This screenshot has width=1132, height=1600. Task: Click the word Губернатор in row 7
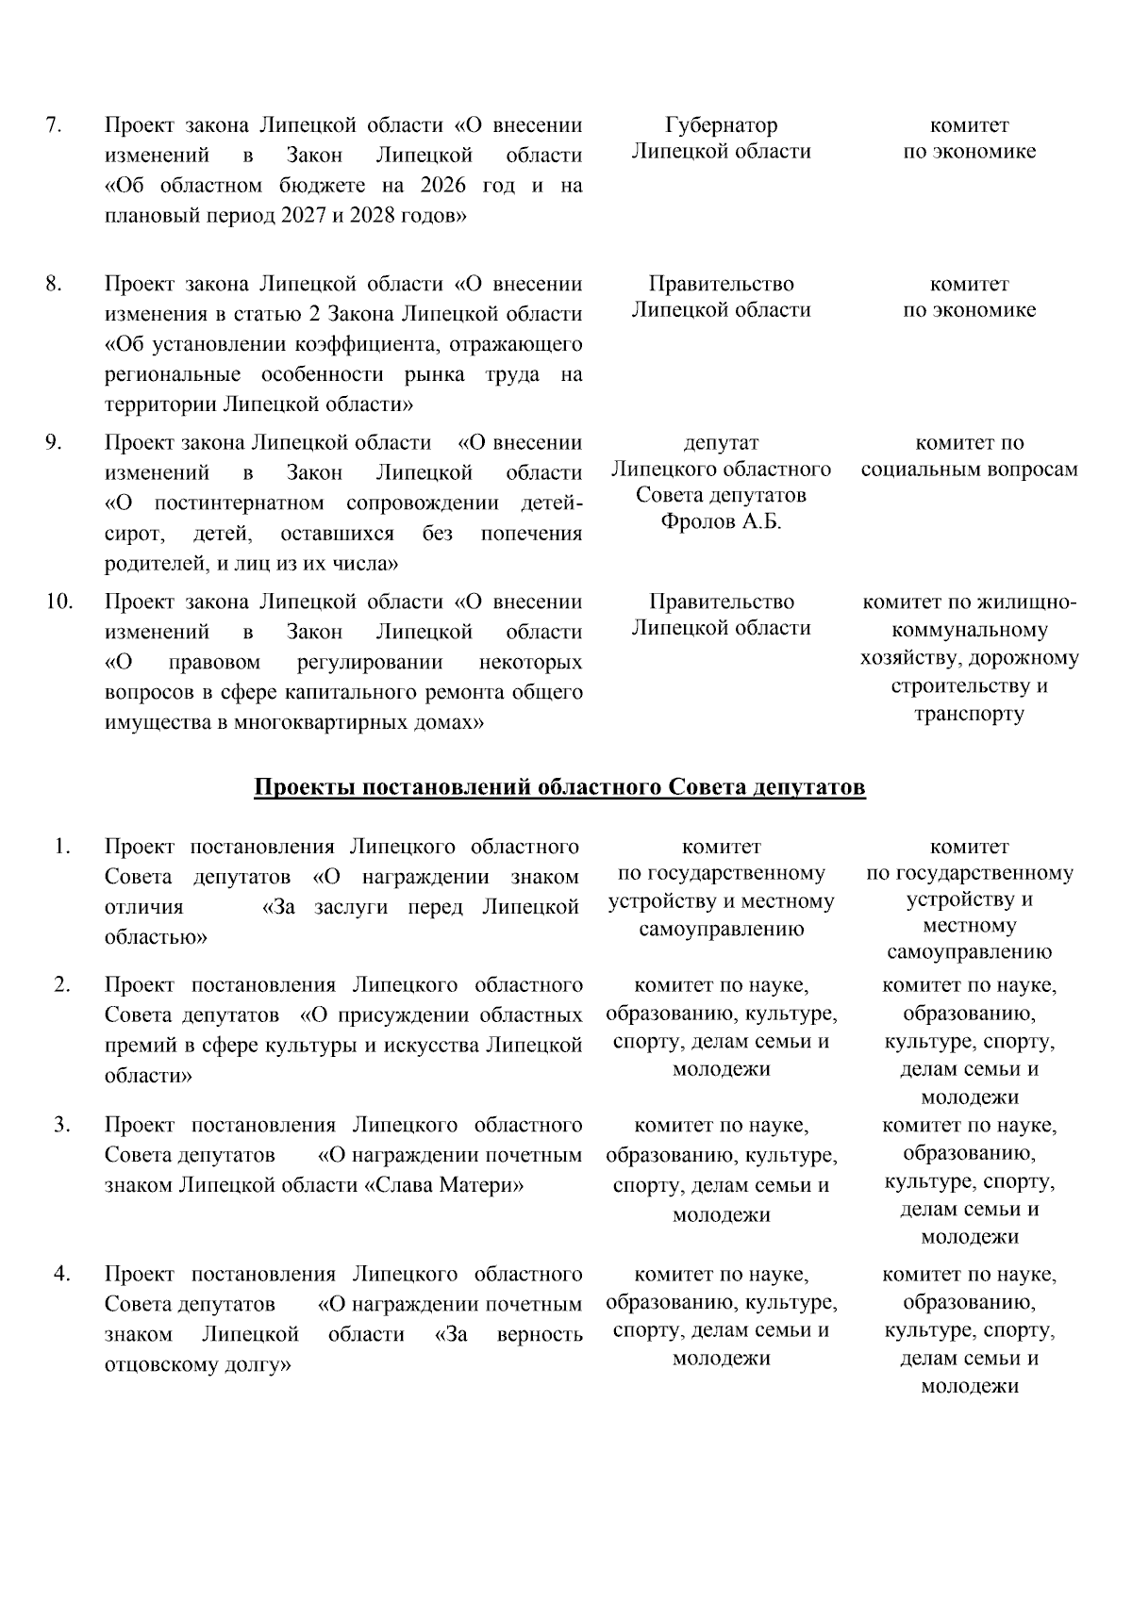[721, 125]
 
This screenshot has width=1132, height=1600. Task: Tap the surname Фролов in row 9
[697, 522]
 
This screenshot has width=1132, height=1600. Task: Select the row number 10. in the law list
[58, 602]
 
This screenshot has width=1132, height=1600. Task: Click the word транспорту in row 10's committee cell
[969, 714]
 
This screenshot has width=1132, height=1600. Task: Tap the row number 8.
[54, 284]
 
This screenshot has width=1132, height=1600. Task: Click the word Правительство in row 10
[721, 602]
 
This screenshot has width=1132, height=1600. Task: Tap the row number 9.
[54, 442]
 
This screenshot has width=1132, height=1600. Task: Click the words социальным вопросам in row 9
[969, 470]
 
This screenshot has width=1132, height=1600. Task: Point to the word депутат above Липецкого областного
[721, 443]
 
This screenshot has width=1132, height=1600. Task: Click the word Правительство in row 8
[721, 284]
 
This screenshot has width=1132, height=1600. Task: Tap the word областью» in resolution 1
[156, 937]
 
